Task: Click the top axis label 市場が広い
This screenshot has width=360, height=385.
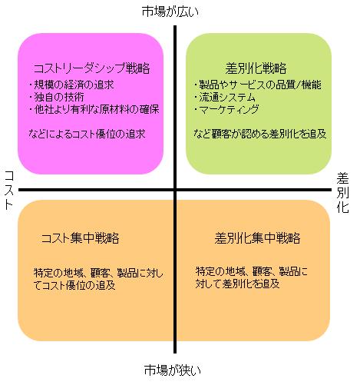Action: (x=170, y=12)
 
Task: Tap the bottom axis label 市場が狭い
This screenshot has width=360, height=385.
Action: (x=173, y=370)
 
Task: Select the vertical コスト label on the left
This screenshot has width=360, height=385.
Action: (x=9, y=190)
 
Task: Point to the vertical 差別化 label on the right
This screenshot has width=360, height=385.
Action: (x=342, y=193)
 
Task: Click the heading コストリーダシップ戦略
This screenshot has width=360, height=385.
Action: (x=92, y=68)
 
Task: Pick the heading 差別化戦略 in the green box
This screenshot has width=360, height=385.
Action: (x=256, y=68)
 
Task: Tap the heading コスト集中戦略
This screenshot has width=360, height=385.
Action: (x=81, y=238)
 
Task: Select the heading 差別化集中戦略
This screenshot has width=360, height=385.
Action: (x=257, y=238)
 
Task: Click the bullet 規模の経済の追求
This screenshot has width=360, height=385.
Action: (x=71, y=85)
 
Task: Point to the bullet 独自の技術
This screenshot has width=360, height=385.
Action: (x=56, y=97)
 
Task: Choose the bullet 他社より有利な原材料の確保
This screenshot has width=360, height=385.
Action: (x=94, y=109)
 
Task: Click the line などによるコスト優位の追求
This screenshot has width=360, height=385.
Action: (x=87, y=134)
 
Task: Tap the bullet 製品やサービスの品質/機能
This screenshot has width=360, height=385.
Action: (x=257, y=85)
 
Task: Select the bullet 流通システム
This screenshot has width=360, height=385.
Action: (x=224, y=98)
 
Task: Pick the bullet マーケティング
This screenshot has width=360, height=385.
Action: (x=226, y=109)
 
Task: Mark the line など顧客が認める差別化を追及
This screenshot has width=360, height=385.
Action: (x=259, y=134)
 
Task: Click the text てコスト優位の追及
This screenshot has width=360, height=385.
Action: (x=74, y=285)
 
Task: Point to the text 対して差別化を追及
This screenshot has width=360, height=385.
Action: (x=237, y=284)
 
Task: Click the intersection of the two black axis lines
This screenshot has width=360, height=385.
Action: (x=175, y=190)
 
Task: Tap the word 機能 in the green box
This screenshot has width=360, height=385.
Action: (x=312, y=85)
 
